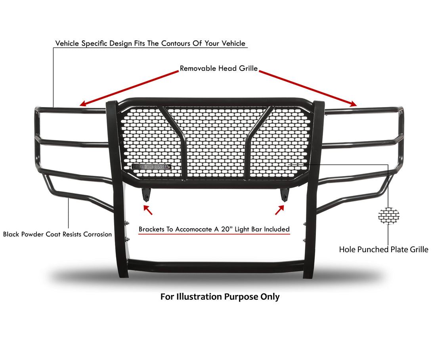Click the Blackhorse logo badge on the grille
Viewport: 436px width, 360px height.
(151, 167)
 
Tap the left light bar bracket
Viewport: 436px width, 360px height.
(146, 195)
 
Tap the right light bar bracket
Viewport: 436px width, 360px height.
(285, 195)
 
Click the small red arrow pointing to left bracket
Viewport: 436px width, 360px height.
(148, 210)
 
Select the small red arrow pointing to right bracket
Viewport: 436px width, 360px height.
(280, 210)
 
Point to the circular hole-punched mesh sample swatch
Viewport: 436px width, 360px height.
(388, 216)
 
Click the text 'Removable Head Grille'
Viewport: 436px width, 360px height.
(218, 68)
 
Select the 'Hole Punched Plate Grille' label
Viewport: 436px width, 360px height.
(383, 249)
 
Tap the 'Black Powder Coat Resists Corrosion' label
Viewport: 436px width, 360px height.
(57, 234)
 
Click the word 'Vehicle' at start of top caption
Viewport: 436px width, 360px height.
(67, 43)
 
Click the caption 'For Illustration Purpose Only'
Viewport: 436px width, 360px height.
(220, 297)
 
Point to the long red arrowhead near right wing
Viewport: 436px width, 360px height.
(354, 104)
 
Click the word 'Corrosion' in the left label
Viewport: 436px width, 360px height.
(98, 234)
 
